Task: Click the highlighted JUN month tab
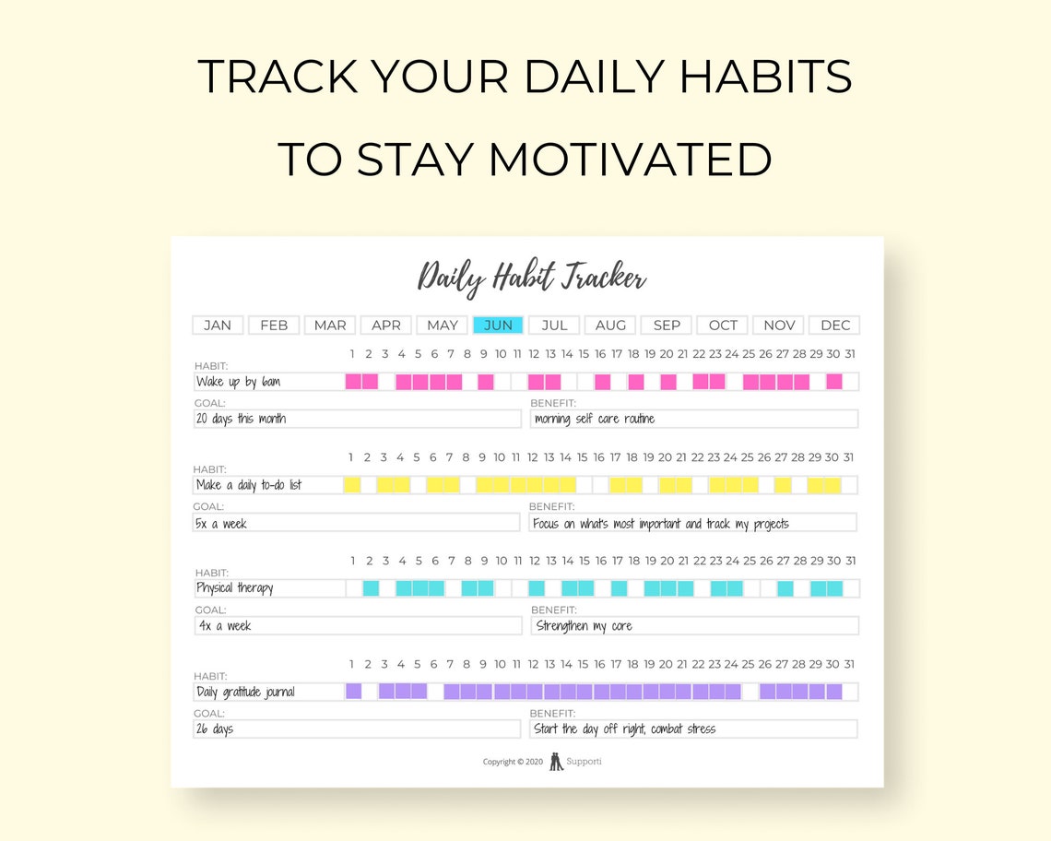pos(498,325)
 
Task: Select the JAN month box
pos(218,325)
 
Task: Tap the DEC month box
pos(834,325)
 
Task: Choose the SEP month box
pos(667,325)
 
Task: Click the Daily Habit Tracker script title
pos(532,278)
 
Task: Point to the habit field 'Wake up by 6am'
pos(239,382)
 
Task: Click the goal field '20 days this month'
pos(242,419)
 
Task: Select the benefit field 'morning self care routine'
pos(595,419)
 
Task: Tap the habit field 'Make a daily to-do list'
pos(249,485)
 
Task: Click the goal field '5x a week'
pos(222,523)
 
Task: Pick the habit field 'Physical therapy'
pos(235,588)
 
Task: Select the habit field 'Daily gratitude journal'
pos(246,692)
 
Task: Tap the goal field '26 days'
pos(216,729)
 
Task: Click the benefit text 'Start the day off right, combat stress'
pos(624,729)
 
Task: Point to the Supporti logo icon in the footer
pos(556,762)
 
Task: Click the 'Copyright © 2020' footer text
pos(513,763)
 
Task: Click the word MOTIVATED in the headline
pos(630,159)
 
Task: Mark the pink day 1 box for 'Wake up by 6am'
pos(353,382)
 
